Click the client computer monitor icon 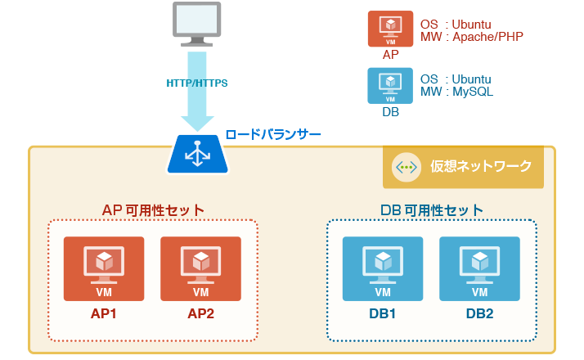[x=197, y=25]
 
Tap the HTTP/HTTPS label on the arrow [x=197, y=83]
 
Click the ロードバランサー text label [x=273, y=134]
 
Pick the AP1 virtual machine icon [x=104, y=268]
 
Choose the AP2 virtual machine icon [x=200, y=268]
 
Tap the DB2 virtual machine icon [x=479, y=268]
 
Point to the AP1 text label [x=104, y=313]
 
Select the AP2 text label [x=200, y=313]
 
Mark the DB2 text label [x=479, y=313]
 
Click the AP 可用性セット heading [x=153, y=209]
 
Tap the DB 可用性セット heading [x=431, y=209]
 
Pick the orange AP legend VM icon [x=391, y=29]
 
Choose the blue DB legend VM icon [x=391, y=86]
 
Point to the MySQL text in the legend [x=474, y=92]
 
